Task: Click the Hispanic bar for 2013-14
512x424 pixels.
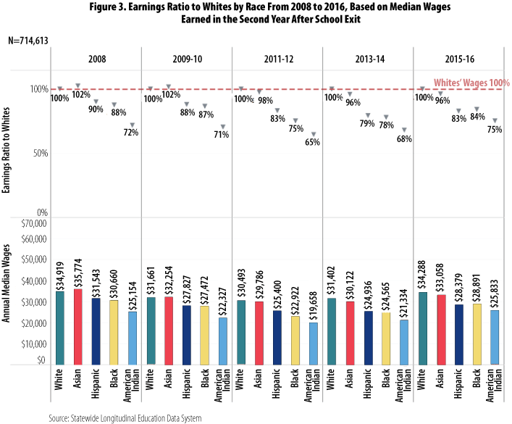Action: pyautogui.click(x=368, y=337)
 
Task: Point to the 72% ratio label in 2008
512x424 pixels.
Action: pyautogui.click(x=131, y=132)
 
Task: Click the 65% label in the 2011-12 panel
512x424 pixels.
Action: pyautogui.click(x=312, y=142)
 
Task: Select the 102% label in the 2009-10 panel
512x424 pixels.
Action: pyautogui.click(x=170, y=94)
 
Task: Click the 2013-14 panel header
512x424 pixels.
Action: pyautogui.click(x=366, y=59)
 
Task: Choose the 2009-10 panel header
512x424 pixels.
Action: pyautogui.click(x=187, y=59)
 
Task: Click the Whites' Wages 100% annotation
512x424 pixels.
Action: pyautogui.click(x=471, y=83)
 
